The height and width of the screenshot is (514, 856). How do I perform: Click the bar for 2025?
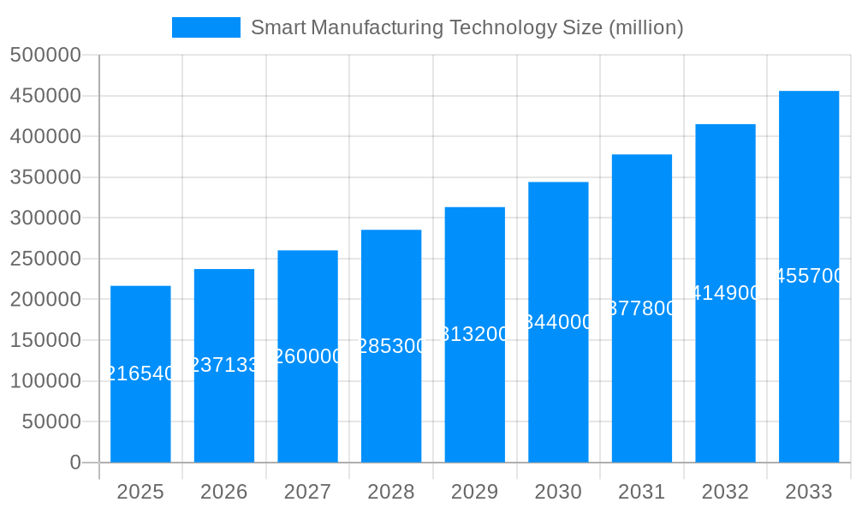[140, 411]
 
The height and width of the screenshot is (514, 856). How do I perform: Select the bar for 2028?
[391, 403]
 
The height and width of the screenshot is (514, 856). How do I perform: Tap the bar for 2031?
[642, 385]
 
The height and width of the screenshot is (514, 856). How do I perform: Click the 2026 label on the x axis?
[224, 492]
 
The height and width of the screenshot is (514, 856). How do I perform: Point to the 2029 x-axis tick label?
[474, 492]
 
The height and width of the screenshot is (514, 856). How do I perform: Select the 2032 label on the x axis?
[725, 492]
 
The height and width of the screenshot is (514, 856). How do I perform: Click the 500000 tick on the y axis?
[45, 56]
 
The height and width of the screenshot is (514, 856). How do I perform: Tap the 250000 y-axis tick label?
[45, 259]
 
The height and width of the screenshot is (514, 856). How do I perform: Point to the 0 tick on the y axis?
[75, 463]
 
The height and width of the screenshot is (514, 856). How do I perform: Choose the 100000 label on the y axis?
[45, 381]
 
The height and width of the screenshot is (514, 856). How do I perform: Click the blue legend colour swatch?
[206, 27]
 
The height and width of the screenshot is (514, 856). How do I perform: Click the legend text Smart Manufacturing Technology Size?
[427, 27]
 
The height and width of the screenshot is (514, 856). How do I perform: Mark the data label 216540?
[140, 374]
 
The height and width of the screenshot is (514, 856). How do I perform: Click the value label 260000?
[307, 356]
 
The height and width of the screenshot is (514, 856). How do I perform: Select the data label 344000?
[558, 322]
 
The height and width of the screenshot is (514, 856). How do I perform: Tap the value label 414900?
[725, 293]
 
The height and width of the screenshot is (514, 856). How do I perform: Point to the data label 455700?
[809, 276]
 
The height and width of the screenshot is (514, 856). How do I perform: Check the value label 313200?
[474, 334]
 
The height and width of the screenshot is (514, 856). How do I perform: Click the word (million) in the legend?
[645, 27]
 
